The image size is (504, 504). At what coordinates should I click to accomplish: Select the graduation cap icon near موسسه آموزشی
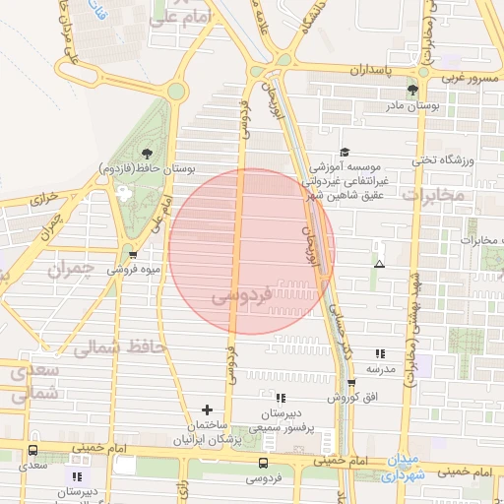tap(345, 152)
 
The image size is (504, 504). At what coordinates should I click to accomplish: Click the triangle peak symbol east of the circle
tap(379, 265)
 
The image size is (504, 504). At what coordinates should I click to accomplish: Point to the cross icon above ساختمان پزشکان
tap(207, 409)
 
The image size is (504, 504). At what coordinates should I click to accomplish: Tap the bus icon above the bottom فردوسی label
tap(263, 463)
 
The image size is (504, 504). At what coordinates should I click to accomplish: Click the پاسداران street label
tap(375, 71)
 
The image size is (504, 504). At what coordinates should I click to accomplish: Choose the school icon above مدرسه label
tap(380, 353)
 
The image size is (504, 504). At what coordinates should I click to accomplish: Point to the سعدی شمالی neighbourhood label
tap(37, 381)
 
